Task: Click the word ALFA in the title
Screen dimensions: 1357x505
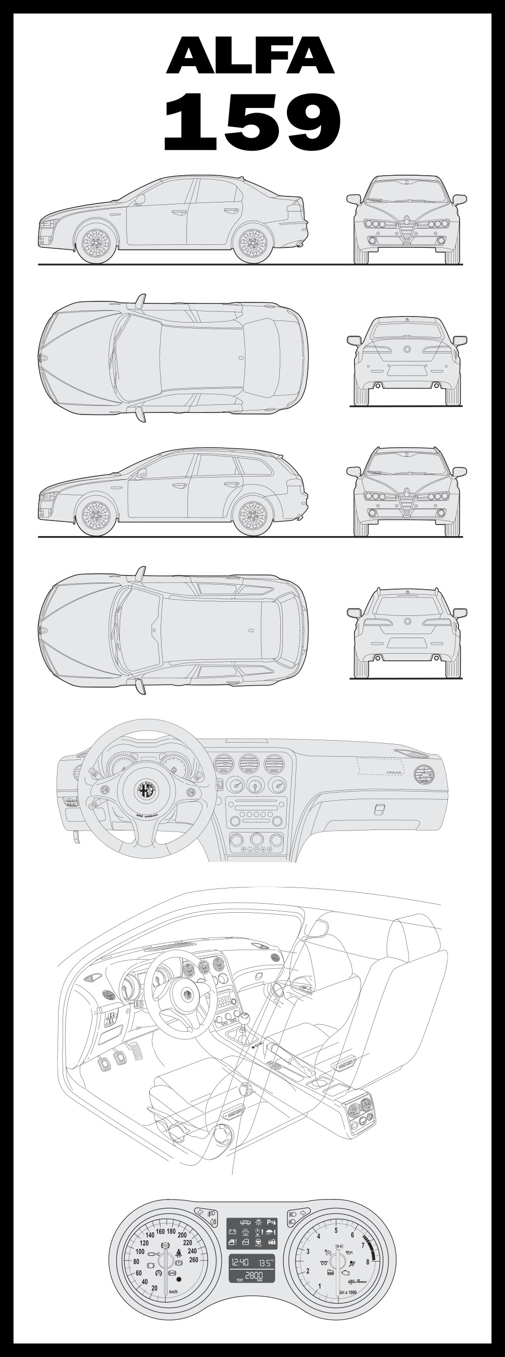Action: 250,56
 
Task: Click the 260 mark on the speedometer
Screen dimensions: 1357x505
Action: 193,1260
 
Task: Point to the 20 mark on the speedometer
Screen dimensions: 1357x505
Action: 155,1288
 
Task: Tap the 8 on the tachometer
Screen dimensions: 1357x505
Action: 368,1262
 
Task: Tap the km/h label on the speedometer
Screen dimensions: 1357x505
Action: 172,1292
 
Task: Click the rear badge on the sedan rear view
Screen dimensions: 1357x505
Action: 407,349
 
